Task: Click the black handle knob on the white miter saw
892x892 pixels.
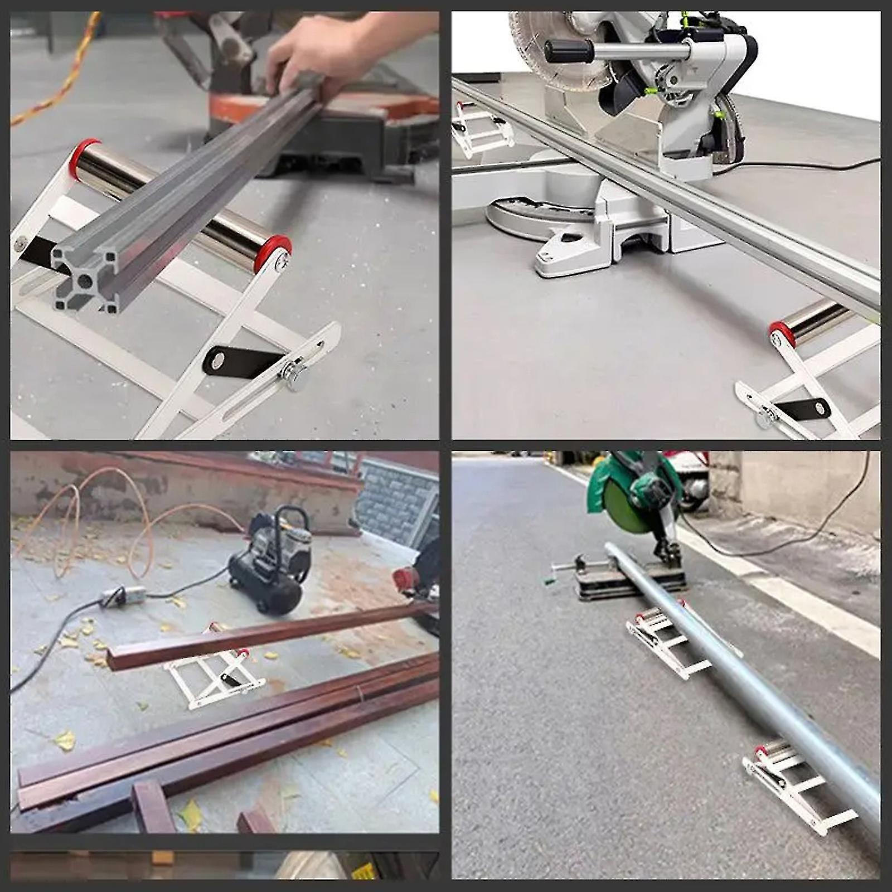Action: coord(569,51)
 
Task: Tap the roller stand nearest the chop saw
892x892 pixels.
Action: coord(663,636)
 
